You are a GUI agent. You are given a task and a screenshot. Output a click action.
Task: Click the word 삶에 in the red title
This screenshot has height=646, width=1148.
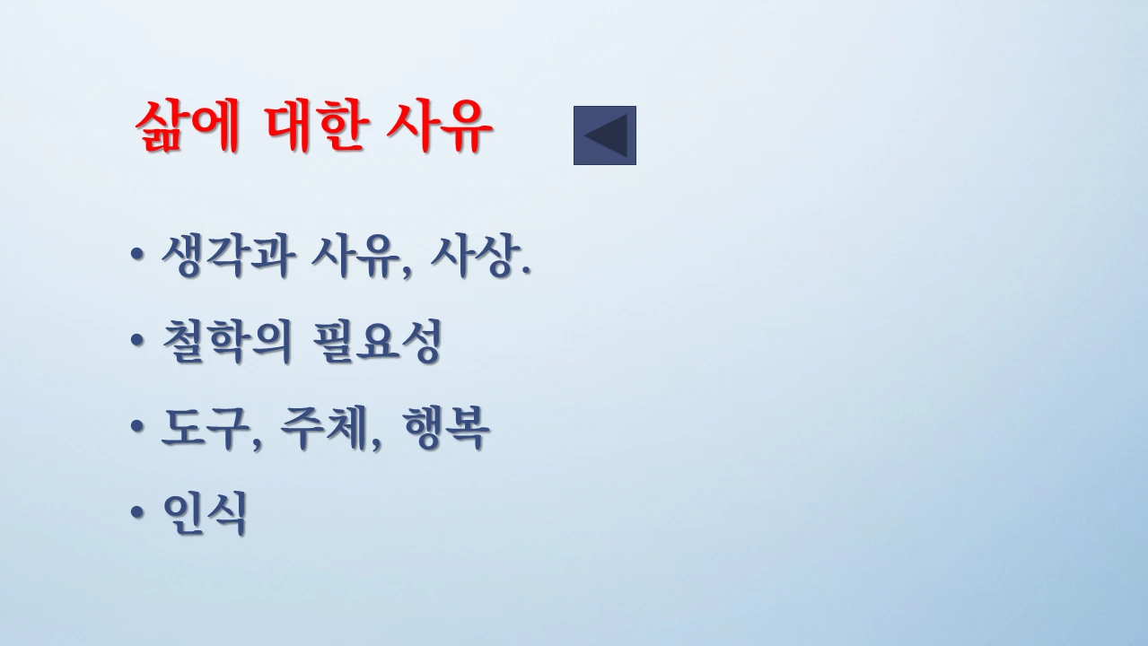click(x=187, y=128)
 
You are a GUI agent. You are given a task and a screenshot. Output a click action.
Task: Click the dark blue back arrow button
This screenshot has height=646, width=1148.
click(x=605, y=135)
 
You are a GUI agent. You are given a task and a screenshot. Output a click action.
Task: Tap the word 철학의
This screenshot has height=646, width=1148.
click(x=227, y=342)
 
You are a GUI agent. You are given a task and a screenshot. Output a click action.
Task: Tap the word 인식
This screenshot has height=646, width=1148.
click(x=204, y=514)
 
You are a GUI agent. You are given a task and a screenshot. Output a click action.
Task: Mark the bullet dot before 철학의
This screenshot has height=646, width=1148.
click(x=136, y=343)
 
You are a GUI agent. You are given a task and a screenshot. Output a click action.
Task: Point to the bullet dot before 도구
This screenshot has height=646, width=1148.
click(x=136, y=430)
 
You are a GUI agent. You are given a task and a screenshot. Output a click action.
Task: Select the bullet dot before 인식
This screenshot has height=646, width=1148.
click(x=136, y=515)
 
